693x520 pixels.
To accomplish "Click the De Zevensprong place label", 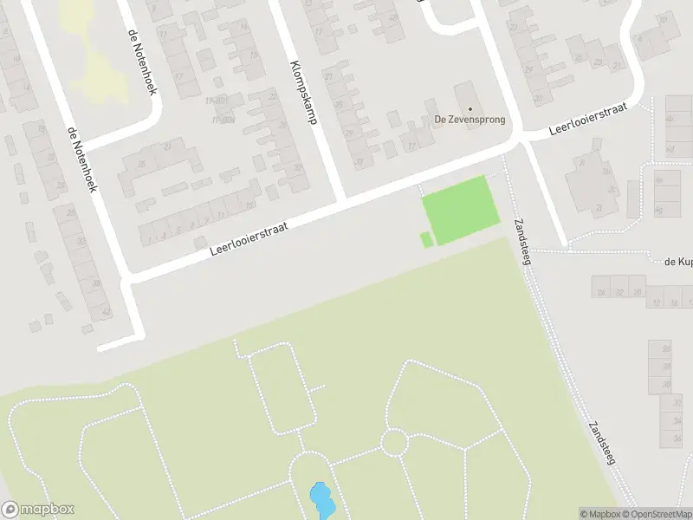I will pyautogui.click(x=470, y=120).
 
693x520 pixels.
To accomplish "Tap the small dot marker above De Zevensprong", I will pyautogui.click(x=470, y=108).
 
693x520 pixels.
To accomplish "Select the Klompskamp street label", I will pyautogui.click(x=301, y=93).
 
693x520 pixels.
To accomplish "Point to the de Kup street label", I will pyautogui.click(x=677, y=260).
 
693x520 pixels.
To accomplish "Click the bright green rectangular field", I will pyautogui.click(x=460, y=209).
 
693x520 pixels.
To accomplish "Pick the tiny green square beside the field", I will pyautogui.click(x=426, y=239).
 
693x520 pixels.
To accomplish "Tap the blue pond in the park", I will pyautogui.click(x=321, y=500).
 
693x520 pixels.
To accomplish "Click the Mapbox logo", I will pyautogui.click(x=37, y=510).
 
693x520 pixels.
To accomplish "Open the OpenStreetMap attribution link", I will pyautogui.click(x=656, y=514).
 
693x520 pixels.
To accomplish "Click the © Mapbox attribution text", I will pyautogui.click(x=600, y=514).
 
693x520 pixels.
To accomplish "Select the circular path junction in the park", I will pyautogui.click(x=394, y=442).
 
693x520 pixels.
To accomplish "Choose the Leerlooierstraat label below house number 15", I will pyautogui.click(x=249, y=237).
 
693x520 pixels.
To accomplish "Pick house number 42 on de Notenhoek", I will pyautogui.click(x=107, y=311).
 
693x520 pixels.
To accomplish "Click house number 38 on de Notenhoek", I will pyautogui.click(x=96, y=283).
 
